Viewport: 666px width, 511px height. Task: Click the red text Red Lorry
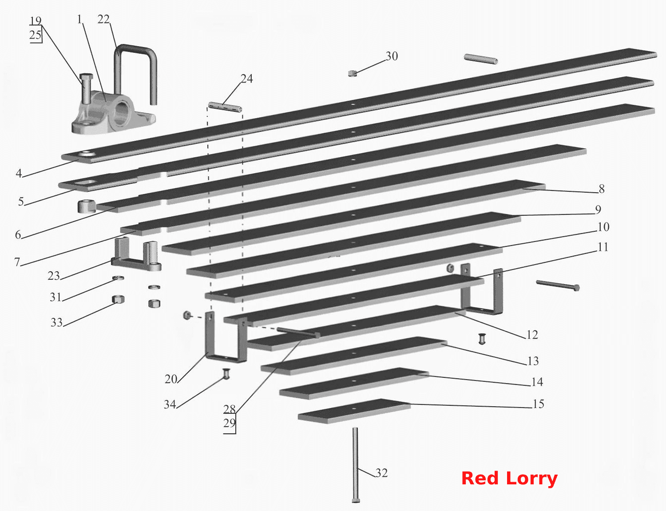(509, 479)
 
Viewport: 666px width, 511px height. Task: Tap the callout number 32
(381, 473)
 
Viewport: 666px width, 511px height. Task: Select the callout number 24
(247, 79)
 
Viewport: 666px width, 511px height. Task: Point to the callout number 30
(392, 56)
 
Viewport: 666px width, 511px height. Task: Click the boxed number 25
(36, 35)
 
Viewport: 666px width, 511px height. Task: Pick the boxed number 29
(229, 423)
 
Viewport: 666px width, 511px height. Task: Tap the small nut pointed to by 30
(353, 73)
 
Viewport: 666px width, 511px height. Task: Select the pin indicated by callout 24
(225, 107)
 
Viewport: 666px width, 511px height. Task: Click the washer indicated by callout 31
(118, 278)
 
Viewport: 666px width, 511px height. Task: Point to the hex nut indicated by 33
(118, 299)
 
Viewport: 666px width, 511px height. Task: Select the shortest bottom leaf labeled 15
(354, 411)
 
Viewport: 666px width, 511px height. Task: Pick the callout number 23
(54, 276)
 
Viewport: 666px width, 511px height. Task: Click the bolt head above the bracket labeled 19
(86, 76)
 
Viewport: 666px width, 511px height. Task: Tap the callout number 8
(602, 189)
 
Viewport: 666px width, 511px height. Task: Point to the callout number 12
(532, 335)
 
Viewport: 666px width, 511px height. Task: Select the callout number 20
(171, 379)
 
